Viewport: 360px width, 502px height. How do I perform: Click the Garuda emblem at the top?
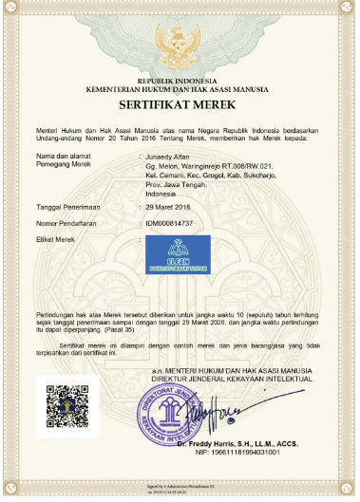[x=179, y=44]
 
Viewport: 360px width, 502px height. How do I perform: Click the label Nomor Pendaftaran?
[x=68, y=221]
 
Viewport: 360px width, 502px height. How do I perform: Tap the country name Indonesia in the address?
[x=160, y=192]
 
